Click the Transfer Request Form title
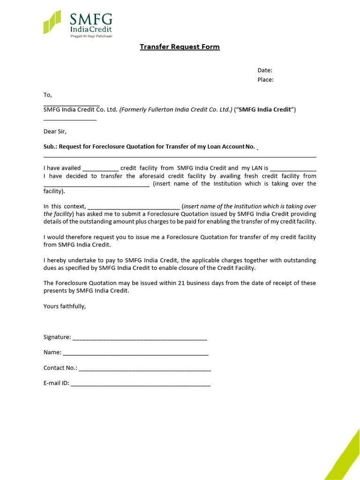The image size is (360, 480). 180,47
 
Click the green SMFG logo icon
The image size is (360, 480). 52,22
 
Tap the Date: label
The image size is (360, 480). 264,70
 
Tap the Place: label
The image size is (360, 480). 265,80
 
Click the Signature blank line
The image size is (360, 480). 140,337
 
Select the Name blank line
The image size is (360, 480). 135,352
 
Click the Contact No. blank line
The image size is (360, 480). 144,368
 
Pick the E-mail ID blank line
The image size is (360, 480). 141,383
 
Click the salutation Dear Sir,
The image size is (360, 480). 55,131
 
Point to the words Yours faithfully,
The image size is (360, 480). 65,306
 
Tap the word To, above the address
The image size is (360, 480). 47,95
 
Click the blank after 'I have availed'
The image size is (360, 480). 100,168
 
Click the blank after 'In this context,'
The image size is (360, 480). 134,207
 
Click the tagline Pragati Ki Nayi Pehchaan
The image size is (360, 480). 91,36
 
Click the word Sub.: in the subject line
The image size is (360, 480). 50,146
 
